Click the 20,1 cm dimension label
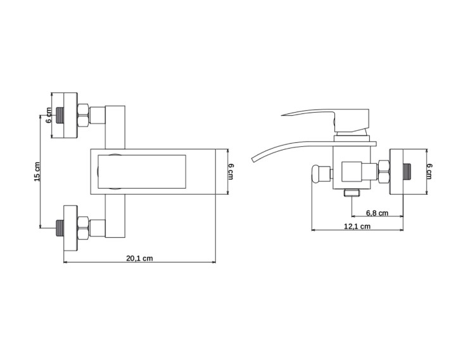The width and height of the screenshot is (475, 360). (x=139, y=258)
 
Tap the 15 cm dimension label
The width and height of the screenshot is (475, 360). (x=37, y=172)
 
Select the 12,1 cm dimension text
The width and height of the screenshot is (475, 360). (x=357, y=227)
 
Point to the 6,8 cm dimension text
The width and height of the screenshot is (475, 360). (x=377, y=213)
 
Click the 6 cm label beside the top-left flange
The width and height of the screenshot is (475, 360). (x=49, y=115)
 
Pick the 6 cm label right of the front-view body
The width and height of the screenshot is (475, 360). (x=231, y=171)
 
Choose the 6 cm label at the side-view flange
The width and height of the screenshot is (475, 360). (x=429, y=171)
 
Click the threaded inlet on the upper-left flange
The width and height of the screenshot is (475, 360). (x=60, y=115)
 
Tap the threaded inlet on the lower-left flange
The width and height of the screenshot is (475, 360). (x=60, y=228)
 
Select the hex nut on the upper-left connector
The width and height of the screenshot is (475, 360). (x=84, y=115)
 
